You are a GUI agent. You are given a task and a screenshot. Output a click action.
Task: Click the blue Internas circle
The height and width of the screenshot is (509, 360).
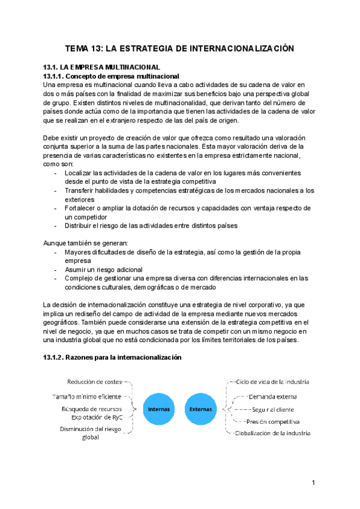click(x=159, y=409)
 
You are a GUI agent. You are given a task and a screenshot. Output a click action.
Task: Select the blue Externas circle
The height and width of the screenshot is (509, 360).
click(x=200, y=409)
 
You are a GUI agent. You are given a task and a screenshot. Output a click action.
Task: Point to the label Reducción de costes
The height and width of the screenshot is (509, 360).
click(x=94, y=381)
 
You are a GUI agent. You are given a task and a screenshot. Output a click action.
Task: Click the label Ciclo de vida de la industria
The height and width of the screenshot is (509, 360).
click(x=272, y=382)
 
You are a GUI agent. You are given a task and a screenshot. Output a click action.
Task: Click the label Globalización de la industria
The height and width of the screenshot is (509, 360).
click(x=272, y=433)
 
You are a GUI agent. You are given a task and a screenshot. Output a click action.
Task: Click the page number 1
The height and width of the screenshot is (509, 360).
click(x=314, y=483)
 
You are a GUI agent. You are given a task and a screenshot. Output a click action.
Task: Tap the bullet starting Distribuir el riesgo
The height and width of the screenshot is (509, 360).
click(x=144, y=226)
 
